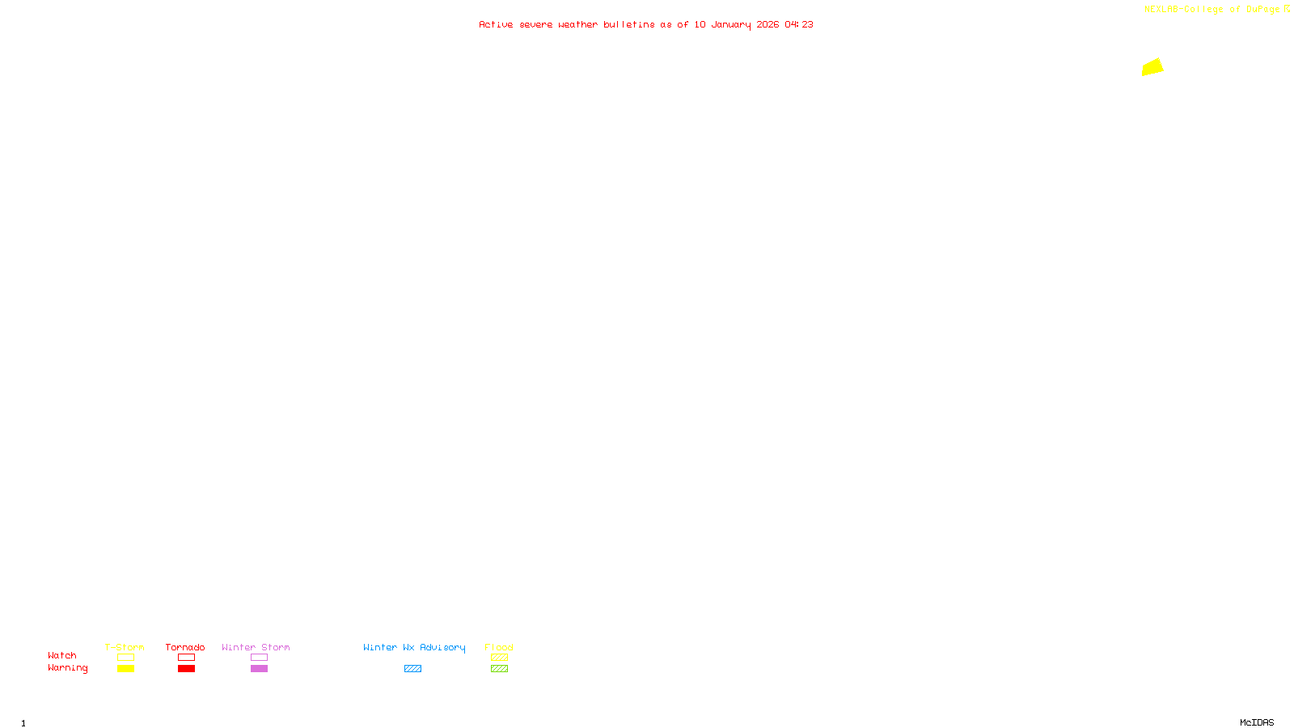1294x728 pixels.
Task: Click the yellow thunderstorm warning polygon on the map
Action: (x=1152, y=67)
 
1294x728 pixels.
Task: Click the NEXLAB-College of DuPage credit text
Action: (x=1212, y=10)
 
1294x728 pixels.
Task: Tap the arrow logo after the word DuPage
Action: (x=1288, y=9)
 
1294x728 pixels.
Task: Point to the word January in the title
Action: (x=730, y=25)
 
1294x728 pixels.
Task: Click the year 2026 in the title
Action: (x=768, y=25)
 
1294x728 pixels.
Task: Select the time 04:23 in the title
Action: (x=799, y=25)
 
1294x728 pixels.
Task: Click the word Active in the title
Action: (x=496, y=25)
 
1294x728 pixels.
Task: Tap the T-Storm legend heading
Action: (x=125, y=647)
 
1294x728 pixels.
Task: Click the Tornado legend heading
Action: (x=185, y=647)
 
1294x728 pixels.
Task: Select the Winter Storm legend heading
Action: (x=256, y=647)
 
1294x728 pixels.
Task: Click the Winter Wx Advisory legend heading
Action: (x=414, y=647)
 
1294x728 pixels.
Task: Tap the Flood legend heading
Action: (x=499, y=647)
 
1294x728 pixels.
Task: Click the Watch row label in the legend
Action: (x=62, y=656)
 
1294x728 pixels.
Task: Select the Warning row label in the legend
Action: (x=67, y=668)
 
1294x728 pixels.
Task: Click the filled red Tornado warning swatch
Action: (x=186, y=669)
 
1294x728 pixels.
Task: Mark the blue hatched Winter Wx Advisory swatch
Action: (x=412, y=669)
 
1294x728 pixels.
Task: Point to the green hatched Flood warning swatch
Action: (x=499, y=669)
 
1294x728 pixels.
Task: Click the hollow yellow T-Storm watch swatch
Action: (x=125, y=658)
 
